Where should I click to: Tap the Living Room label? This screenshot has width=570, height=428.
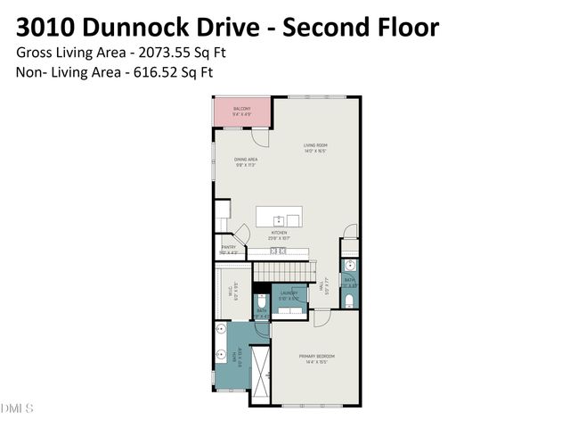point(316,146)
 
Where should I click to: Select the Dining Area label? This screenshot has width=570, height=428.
point(246,162)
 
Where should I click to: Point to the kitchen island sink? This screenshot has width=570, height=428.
point(279,218)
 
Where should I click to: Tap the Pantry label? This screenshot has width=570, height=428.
point(228,250)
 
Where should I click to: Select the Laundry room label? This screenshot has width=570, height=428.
point(289,295)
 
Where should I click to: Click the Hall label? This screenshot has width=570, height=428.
point(325,288)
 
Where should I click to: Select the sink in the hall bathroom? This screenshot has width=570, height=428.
point(349,266)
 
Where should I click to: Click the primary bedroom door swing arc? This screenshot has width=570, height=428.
point(321,317)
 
